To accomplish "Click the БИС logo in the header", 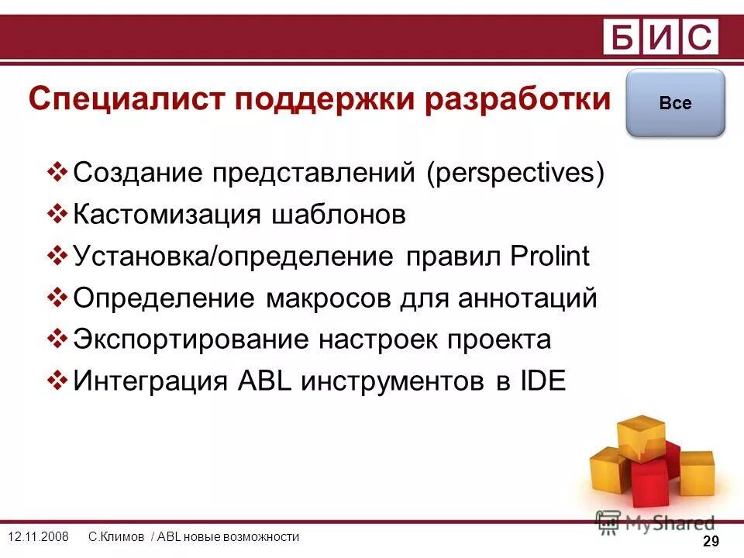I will click(661, 37).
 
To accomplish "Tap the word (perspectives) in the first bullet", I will click(514, 172).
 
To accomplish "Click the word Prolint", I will click(549, 256).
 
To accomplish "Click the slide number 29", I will click(711, 542).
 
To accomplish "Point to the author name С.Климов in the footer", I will click(116, 537).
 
